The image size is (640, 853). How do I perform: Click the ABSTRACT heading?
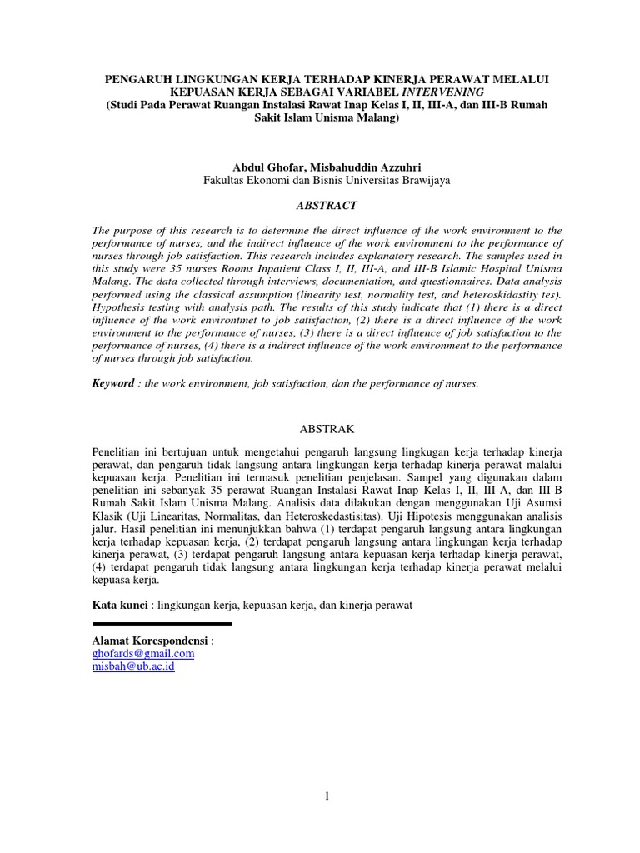tap(327, 205)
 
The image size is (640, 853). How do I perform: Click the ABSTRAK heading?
tap(327, 428)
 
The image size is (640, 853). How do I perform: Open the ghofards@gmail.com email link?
tap(143, 654)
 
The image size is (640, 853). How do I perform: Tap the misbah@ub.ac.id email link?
tap(133, 667)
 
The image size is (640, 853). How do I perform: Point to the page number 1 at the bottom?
tap(327, 796)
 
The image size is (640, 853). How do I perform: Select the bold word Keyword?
tap(112, 383)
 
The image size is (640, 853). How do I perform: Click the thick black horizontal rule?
tap(162, 623)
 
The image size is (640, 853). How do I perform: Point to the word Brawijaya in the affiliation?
tap(425, 180)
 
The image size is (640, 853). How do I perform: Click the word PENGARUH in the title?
tap(140, 77)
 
